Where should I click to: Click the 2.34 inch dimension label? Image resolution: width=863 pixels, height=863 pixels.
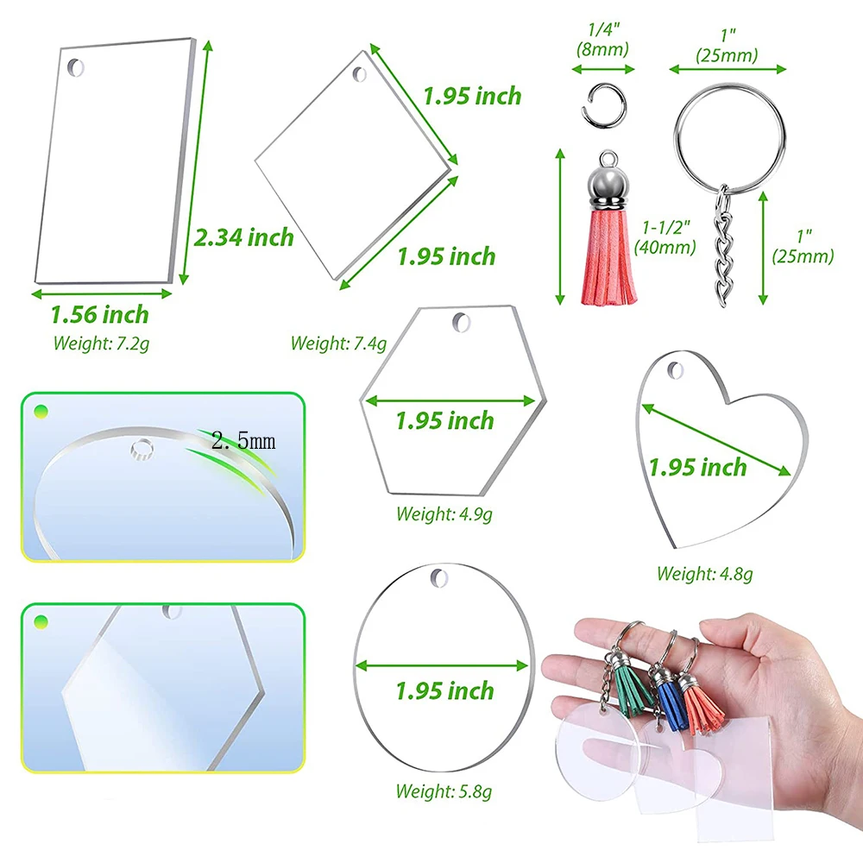pos(243,236)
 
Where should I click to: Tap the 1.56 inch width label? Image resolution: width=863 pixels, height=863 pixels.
pos(99,315)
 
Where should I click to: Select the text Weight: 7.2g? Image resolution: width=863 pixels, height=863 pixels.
pos(101,343)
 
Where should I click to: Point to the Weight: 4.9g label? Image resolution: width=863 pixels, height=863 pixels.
pos(444,514)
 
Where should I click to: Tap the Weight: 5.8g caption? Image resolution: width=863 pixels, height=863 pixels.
pos(444,790)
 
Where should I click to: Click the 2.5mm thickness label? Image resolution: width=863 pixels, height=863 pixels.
pos(243,441)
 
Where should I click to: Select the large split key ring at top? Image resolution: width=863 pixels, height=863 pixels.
pos(730,129)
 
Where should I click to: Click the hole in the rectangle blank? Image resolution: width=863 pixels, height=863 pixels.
pos(79,66)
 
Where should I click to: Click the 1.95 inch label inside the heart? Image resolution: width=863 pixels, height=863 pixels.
pos(697,468)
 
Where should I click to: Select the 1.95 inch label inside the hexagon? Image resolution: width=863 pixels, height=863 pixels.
pos(444,421)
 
